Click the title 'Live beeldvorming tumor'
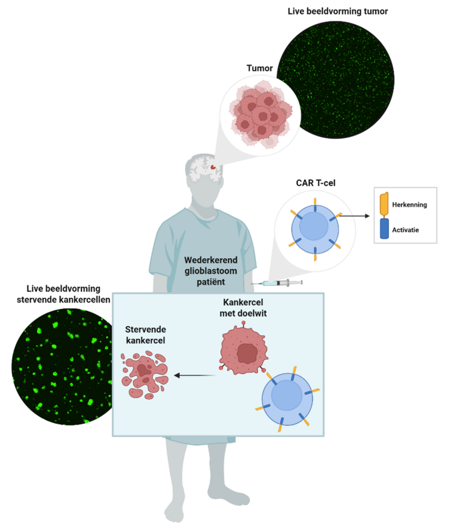337,12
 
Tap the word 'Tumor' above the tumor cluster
259,68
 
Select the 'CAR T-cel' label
316,183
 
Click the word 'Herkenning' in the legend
410,204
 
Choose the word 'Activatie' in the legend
405,230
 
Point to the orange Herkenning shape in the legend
384,203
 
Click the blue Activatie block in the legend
384,229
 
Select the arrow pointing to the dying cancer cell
194,375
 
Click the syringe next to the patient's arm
277,283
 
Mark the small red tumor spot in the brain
213,167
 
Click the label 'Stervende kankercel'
145,335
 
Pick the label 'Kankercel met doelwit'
243,308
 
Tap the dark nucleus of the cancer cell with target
247,353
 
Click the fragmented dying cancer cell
144,375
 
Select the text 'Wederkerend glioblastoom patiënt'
211,271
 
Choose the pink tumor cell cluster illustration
260,115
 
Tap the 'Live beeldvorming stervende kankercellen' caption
63,294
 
